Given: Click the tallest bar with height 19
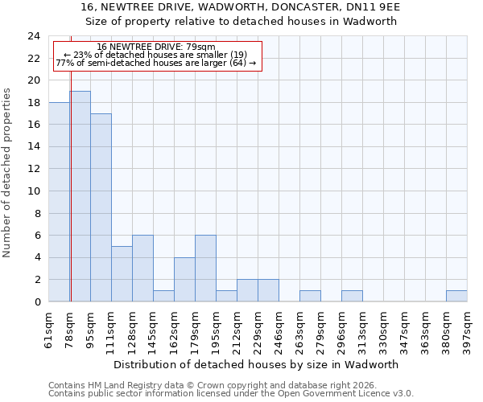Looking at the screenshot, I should pos(80,196).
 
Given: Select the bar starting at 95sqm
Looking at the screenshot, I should pos(101,207).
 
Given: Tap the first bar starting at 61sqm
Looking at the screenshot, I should pos(59,202).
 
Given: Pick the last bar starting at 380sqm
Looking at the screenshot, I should pos(456,296).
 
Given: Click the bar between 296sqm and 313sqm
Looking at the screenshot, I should pos(352,296).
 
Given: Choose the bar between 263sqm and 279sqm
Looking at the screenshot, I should pos(310,296).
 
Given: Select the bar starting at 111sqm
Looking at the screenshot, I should pos(122,274).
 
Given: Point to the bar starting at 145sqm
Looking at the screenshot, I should pos(163,296).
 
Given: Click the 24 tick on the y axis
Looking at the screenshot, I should pos(34,36).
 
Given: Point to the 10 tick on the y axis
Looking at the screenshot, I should pos(34,191).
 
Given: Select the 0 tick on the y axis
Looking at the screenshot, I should pos(37,302).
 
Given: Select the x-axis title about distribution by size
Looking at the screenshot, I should pos(258,364).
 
